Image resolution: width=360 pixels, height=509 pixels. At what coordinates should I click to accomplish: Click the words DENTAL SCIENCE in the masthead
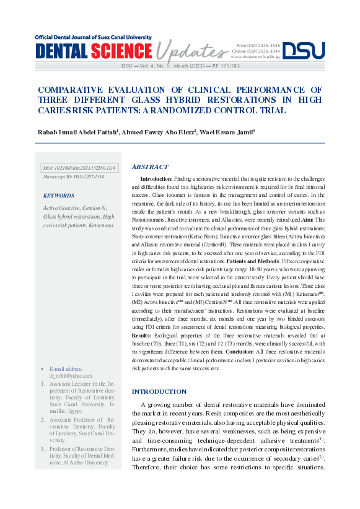[93, 51]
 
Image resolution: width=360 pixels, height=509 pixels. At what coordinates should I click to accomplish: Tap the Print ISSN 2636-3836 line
[258, 45]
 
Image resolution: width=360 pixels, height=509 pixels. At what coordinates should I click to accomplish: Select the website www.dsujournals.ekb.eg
[255, 56]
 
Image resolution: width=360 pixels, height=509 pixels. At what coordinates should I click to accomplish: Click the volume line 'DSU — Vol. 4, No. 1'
[162, 65]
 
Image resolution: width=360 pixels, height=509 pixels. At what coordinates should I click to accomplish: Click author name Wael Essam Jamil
[227, 131]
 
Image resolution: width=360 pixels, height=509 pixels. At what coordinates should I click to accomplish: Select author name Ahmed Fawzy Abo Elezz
[159, 131]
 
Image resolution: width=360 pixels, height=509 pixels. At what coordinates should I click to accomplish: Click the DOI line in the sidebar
[78, 168]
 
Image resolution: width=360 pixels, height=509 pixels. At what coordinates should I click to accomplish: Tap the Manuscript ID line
[73, 176]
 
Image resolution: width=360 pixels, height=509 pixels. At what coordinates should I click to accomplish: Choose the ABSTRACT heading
[150, 167]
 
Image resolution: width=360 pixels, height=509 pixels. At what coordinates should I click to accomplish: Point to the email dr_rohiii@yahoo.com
[71, 375]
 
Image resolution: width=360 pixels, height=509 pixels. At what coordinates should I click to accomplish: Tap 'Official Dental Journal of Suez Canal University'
[93, 37]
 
